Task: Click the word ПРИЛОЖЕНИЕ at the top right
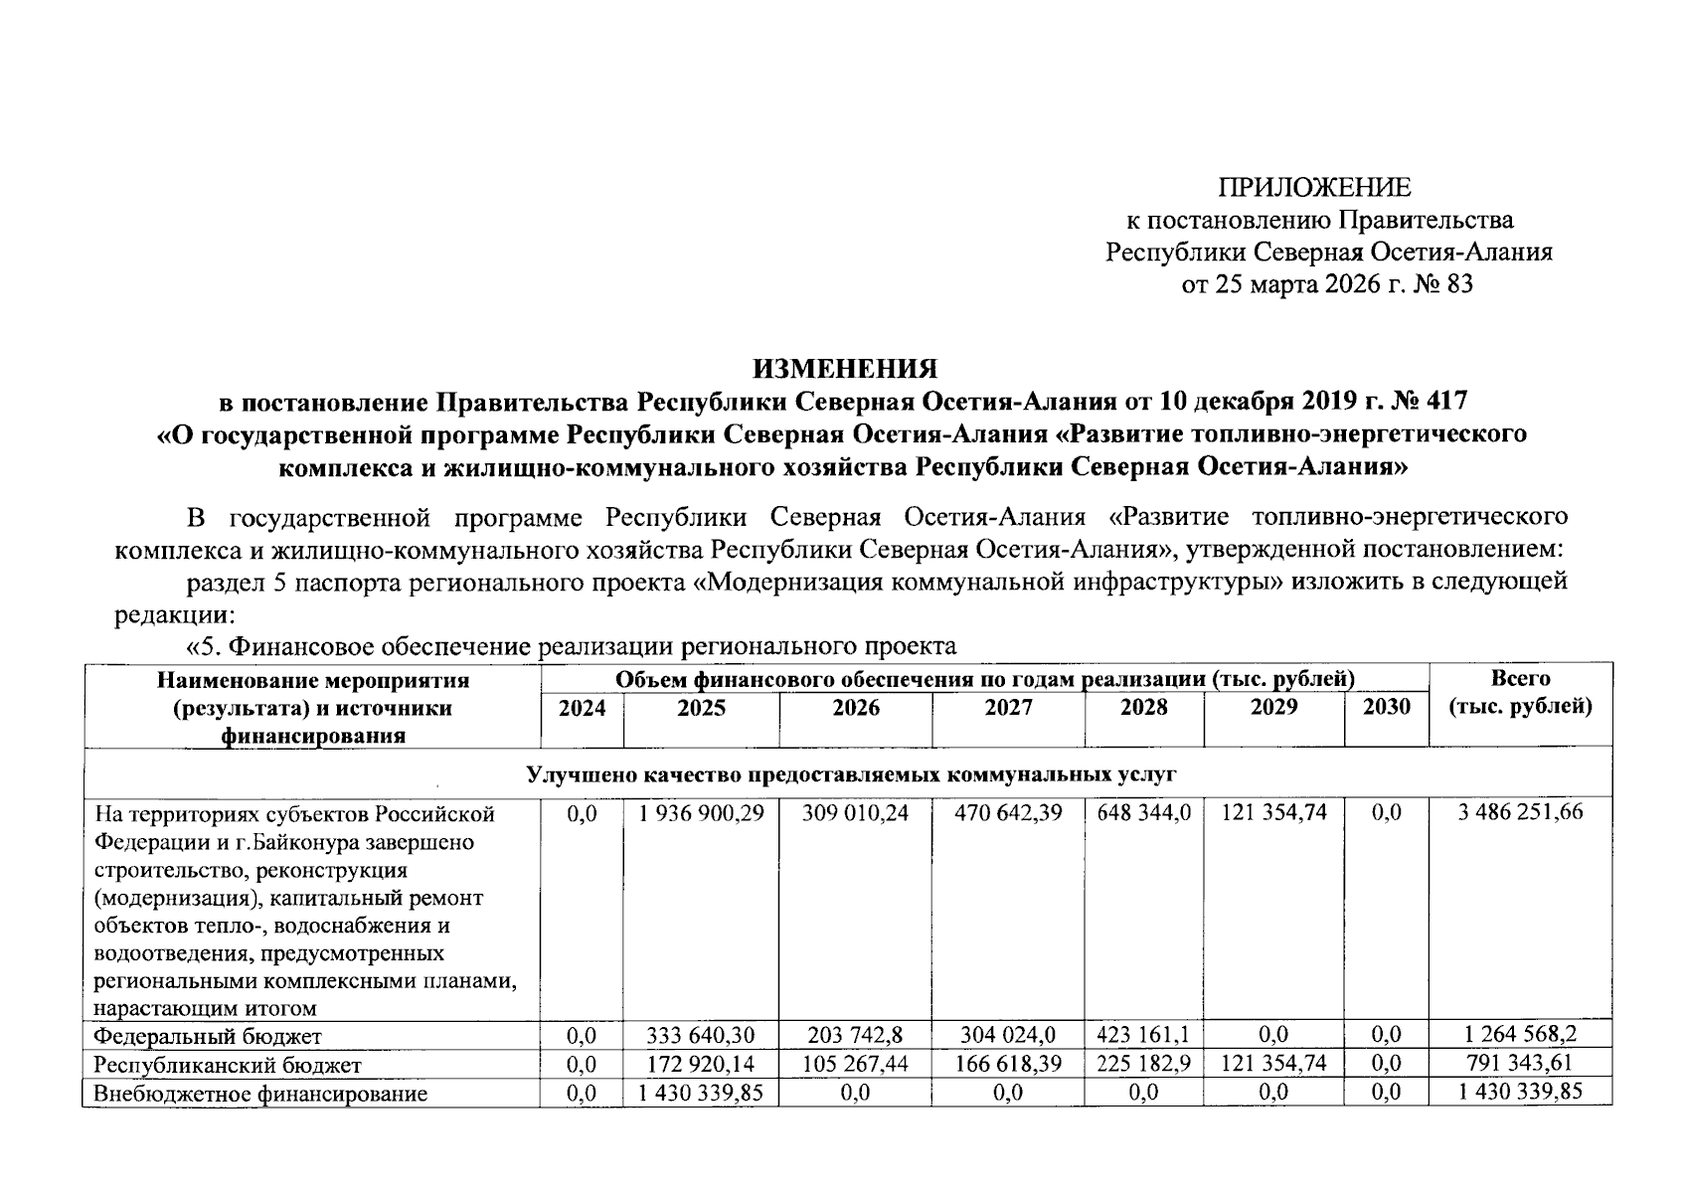coord(1314,188)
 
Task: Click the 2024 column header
coord(582,708)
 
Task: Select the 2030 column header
coord(1386,707)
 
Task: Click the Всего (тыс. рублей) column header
coord(1520,693)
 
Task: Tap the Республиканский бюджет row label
coord(226,1065)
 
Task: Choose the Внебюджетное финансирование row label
coord(259,1094)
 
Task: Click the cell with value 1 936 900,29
coord(702,812)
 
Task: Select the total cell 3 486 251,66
coord(1520,812)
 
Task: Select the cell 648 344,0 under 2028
coord(1143,812)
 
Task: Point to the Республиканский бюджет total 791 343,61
coord(1520,1065)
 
